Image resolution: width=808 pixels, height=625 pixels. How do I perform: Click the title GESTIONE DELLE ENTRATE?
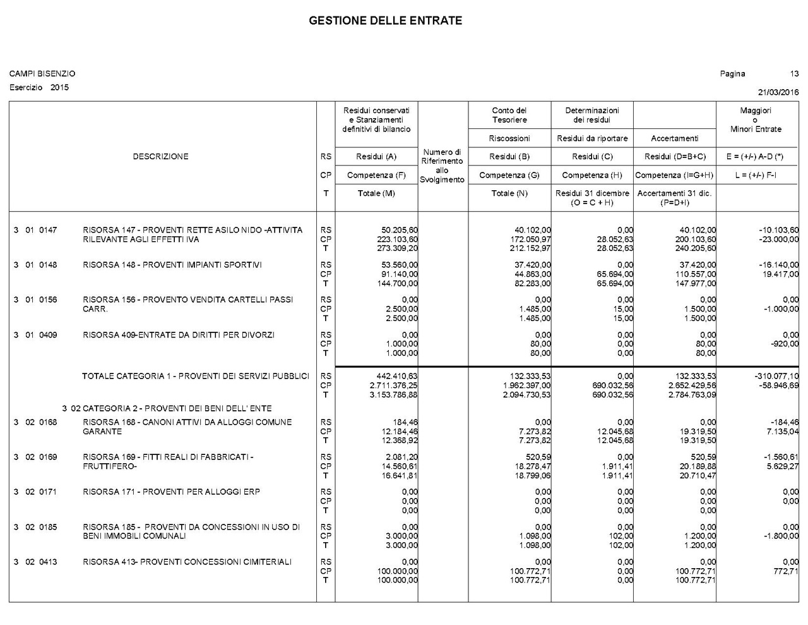tap(385, 21)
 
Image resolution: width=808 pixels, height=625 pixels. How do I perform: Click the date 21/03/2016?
tap(778, 92)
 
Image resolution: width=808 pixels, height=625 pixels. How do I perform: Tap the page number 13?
tap(794, 74)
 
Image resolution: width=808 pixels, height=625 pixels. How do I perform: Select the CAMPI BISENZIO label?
tap(42, 74)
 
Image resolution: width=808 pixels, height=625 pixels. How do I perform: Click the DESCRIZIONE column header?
tap(160, 157)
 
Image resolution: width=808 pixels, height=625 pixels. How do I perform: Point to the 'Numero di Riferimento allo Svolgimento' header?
tap(442, 166)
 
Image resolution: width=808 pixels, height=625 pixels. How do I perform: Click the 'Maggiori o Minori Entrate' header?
tap(756, 119)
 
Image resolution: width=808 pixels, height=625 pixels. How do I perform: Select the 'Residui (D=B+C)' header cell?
tap(675, 157)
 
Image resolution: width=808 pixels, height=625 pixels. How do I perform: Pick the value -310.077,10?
tap(776, 376)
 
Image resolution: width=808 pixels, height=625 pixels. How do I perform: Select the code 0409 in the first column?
tap(48, 335)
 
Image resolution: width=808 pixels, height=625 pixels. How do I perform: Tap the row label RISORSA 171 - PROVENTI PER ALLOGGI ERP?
tap(171, 492)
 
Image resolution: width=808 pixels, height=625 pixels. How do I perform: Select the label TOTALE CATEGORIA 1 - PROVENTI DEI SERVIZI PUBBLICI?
tap(196, 376)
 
